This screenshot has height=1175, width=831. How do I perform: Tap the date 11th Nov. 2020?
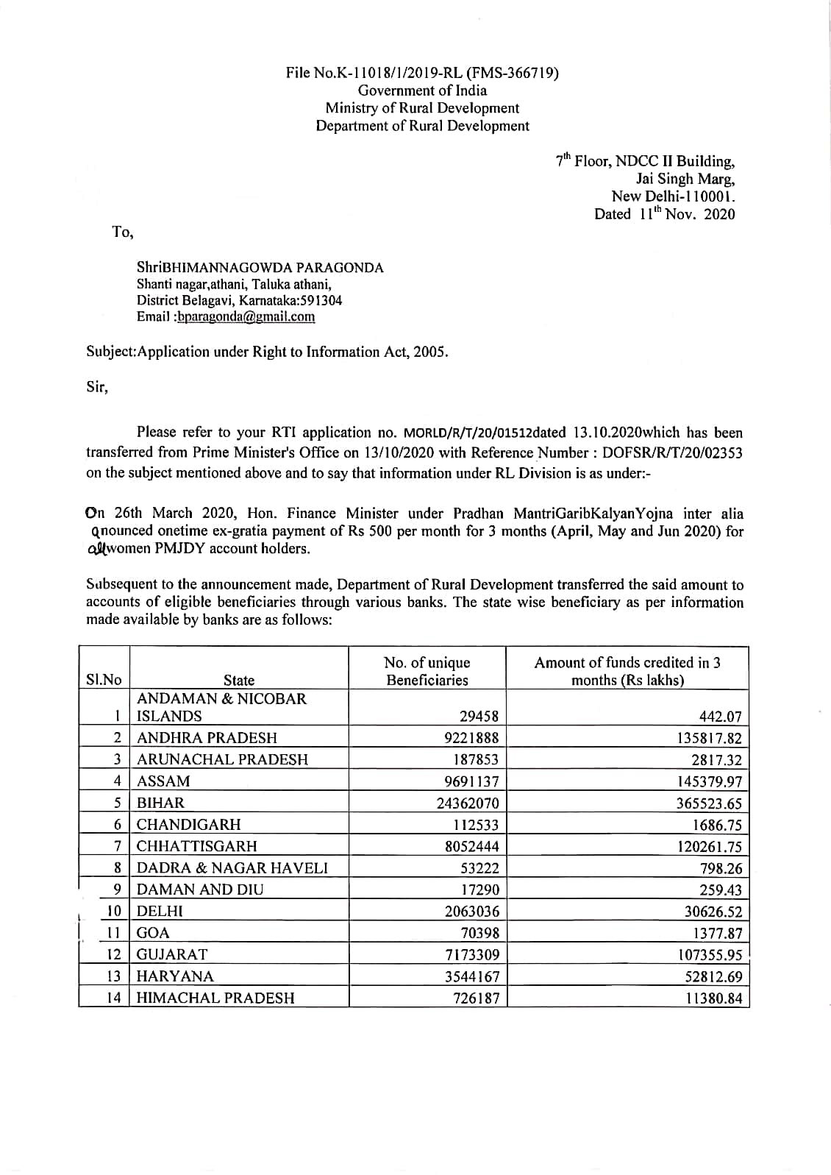click(665, 214)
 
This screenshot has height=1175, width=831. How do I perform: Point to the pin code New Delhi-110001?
click(673, 196)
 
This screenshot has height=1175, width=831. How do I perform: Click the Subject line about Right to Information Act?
click(267, 352)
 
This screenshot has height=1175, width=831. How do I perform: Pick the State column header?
click(239, 680)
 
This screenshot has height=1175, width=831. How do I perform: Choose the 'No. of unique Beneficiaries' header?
click(427, 671)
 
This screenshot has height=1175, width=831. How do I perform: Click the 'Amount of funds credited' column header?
click(627, 671)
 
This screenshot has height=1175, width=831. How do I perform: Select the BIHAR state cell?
click(161, 803)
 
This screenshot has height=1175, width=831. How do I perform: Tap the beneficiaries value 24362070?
click(468, 803)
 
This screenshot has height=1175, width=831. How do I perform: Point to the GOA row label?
click(154, 933)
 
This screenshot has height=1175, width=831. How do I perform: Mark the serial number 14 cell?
click(114, 998)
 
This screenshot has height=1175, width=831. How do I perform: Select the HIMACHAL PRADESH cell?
click(216, 998)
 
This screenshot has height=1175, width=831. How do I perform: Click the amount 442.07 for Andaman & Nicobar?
click(721, 716)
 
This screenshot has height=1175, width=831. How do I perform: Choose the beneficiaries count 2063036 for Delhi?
click(472, 912)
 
